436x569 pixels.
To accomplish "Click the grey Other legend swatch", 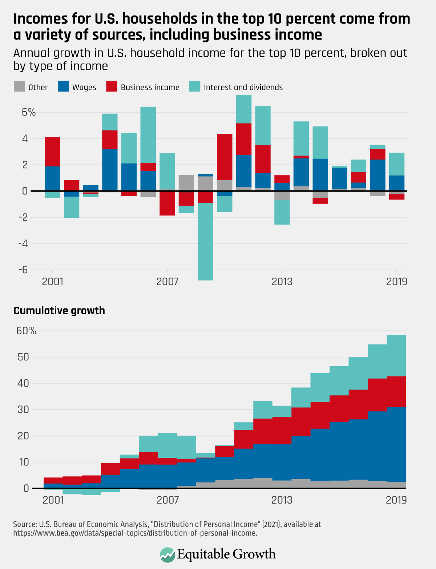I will [19, 86].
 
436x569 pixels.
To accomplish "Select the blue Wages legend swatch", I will [63, 86].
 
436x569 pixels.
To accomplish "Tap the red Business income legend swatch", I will [112, 86].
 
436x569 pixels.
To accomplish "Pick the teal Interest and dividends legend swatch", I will [195, 86].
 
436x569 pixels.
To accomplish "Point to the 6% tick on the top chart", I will [29, 112].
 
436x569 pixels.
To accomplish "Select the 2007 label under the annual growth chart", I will [167, 282].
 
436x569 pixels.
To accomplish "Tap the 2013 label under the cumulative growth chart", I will [282, 500].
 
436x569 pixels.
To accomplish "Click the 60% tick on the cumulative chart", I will [26, 331].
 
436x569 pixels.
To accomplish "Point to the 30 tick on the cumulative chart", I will [23, 409].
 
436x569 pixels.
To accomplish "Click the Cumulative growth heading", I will [59, 311].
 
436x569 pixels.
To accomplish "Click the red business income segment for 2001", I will [52, 152].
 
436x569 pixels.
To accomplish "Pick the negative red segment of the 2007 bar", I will [167, 203].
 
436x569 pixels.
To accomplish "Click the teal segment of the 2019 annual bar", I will [396, 164].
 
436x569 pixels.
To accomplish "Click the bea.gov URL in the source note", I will [135, 533].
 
